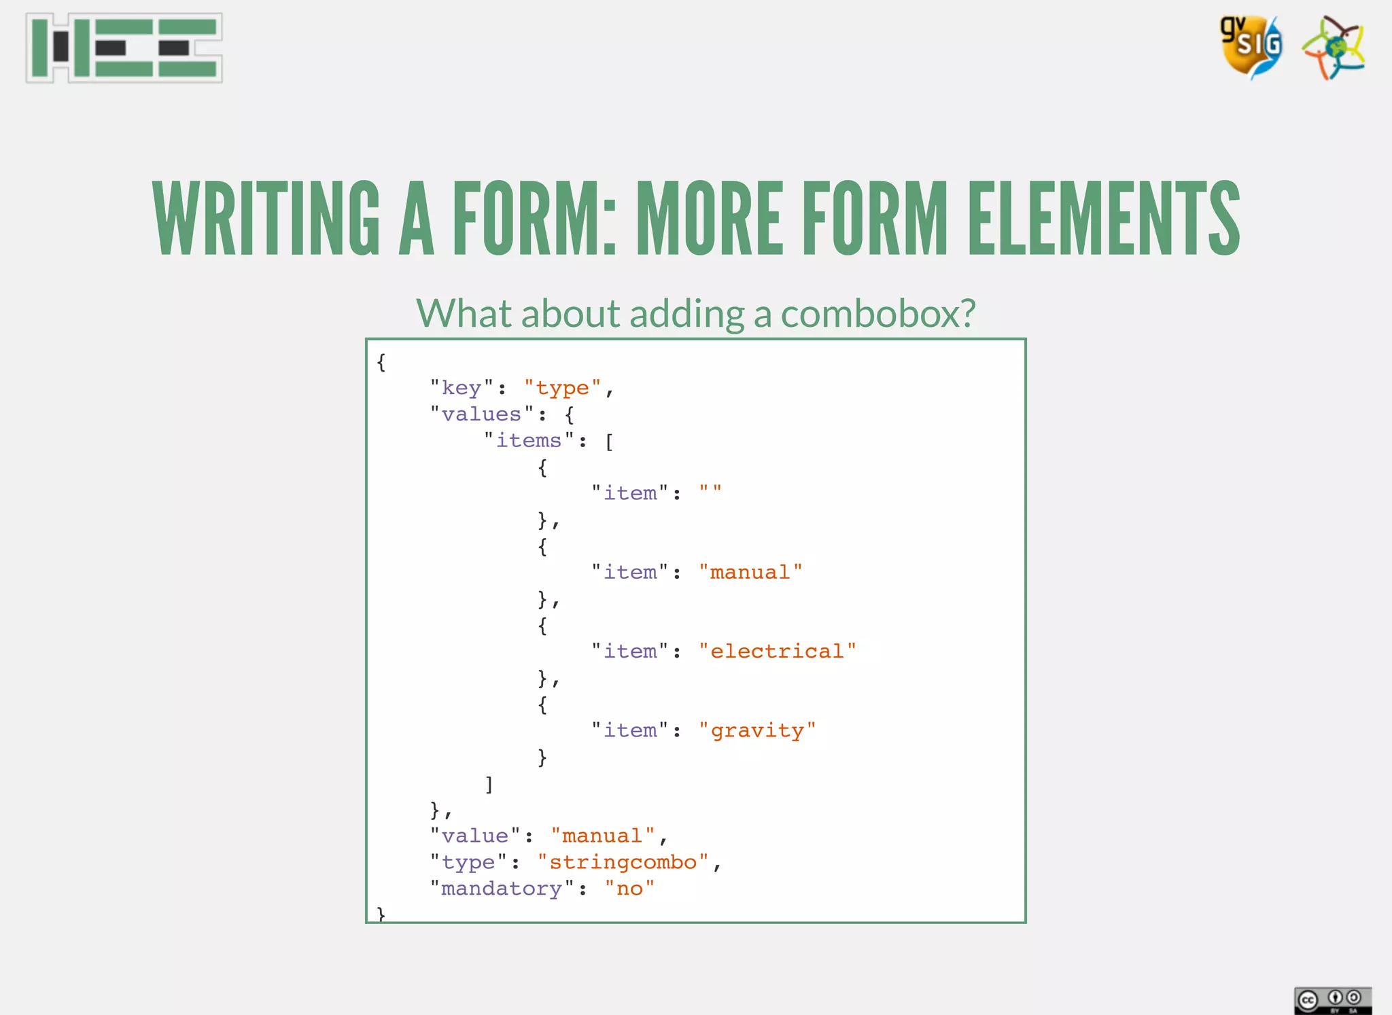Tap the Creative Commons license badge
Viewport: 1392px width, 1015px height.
point(1332,999)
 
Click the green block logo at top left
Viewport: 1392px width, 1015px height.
point(124,48)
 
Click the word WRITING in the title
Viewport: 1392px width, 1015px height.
point(266,219)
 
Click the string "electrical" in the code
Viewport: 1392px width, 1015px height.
point(777,652)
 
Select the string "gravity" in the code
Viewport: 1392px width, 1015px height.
point(757,730)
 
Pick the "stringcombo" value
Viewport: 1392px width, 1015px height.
point(623,862)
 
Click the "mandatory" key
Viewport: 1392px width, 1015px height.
point(502,889)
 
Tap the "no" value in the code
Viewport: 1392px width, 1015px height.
point(629,889)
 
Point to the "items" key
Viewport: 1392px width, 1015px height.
point(529,441)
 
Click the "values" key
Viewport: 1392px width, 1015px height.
point(481,414)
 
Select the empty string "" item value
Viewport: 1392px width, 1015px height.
point(710,492)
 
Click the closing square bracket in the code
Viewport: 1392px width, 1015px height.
point(489,784)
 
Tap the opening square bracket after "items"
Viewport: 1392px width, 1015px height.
point(609,442)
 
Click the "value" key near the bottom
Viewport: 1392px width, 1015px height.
point(474,836)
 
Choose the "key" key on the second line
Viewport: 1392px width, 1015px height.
point(462,388)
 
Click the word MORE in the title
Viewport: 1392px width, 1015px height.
point(709,219)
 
